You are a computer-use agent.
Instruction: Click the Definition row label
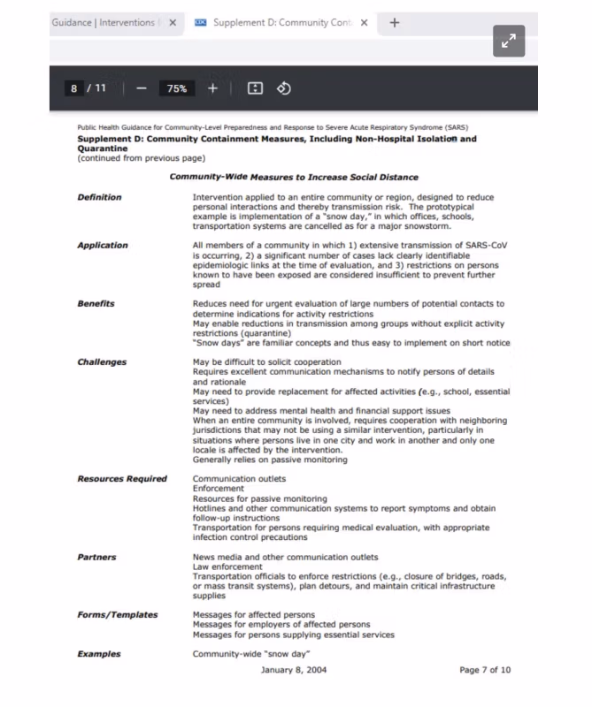pos(99,197)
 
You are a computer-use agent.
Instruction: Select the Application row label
pos(103,245)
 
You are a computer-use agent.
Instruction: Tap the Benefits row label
pos(96,303)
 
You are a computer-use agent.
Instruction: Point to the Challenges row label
pos(102,361)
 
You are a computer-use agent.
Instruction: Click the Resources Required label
pos(122,478)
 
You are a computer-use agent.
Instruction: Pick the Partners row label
pos(96,557)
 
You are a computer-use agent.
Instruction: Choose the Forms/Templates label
pos(118,614)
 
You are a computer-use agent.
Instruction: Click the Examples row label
pos(99,654)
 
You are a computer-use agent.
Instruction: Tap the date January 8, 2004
pos(294,670)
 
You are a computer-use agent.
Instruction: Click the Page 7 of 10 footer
pos(485,670)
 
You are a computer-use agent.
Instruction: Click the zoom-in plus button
pos(212,88)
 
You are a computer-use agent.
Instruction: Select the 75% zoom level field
pos(177,88)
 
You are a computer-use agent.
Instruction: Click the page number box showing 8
pos(74,88)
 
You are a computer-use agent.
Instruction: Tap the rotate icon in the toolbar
pos(284,88)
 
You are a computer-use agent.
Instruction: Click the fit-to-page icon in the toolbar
pos(255,88)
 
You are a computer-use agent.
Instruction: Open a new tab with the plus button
pos(395,22)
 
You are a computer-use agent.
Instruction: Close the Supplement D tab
pos(364,22)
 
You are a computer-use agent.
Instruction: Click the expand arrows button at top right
pos(509,41)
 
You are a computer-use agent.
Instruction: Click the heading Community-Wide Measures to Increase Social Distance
pos(294,177)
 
